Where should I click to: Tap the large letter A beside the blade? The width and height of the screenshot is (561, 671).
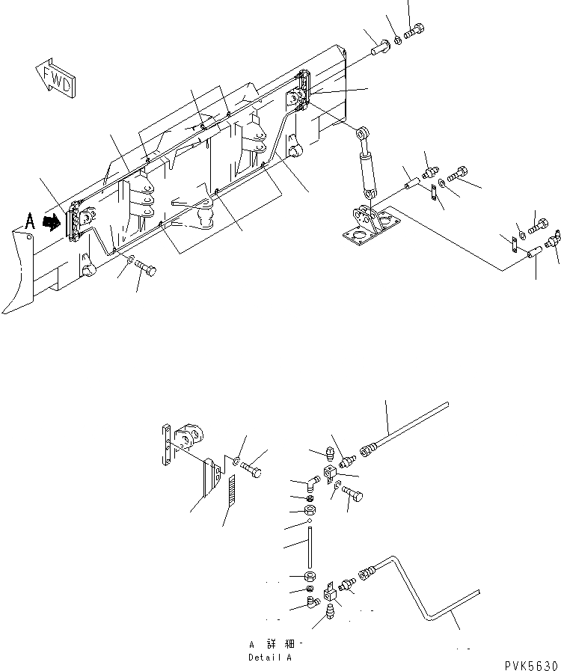click(x=29, y=221)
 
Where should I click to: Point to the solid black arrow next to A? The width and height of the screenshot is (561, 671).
click(x=52, y=221)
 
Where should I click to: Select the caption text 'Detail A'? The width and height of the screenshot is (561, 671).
click(x=269, y=658)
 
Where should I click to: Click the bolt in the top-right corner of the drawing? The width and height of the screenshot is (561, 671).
click(x=414, y=31)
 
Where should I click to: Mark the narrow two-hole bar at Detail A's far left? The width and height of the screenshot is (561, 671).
click(x=165, y=445)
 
